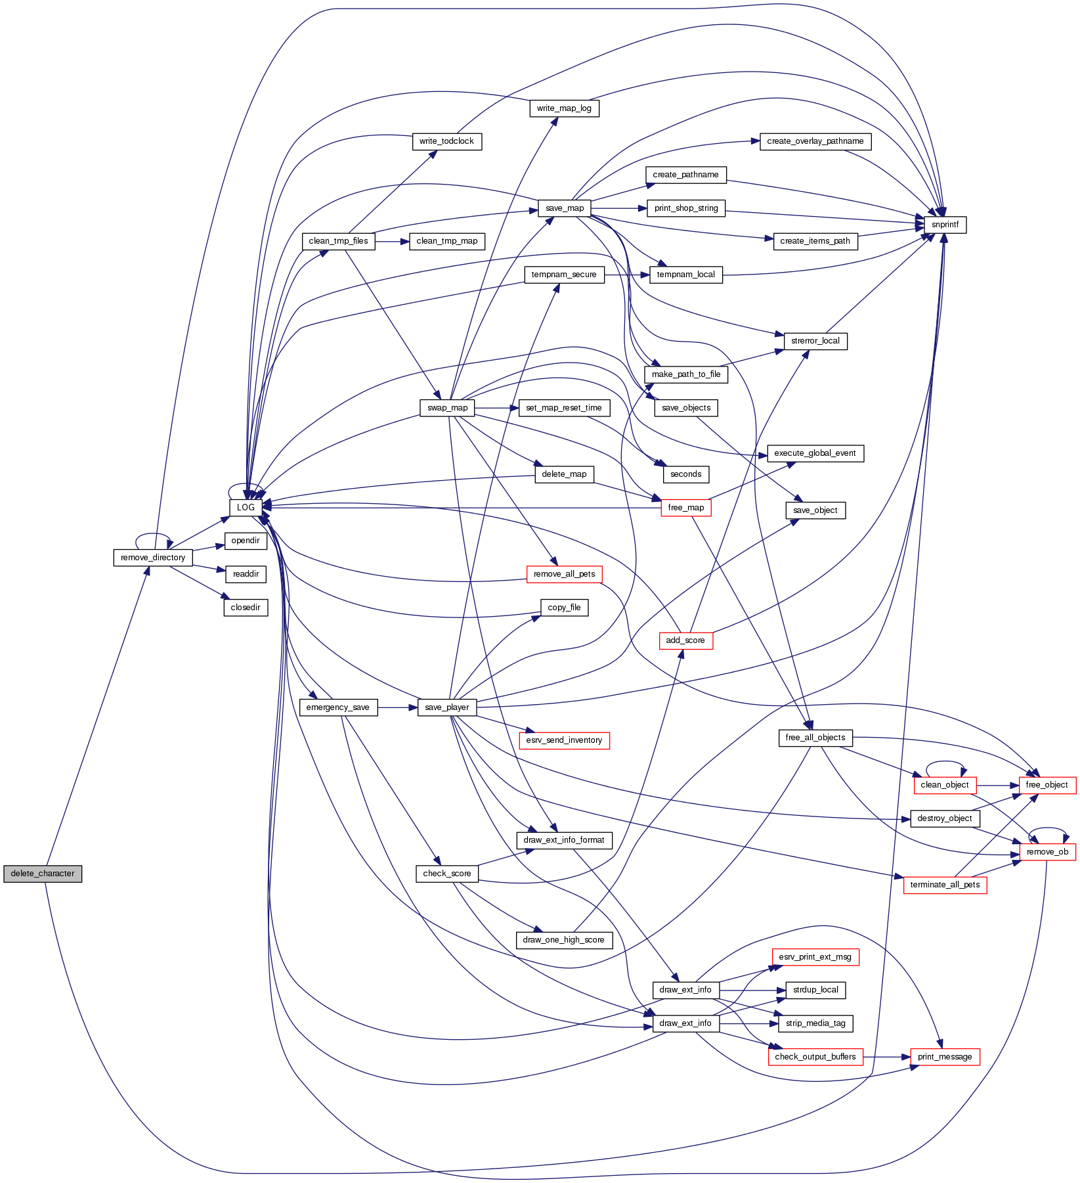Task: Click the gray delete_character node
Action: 43,874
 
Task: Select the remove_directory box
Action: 153,558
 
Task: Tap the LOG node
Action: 246,508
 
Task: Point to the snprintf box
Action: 945,225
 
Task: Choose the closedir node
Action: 246,608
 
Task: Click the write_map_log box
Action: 564,108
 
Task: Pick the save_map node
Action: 565,208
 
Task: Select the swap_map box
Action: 447,408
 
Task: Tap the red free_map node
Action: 685,508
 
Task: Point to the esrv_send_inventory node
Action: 564,740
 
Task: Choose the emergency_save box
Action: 338,707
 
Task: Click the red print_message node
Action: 945,1057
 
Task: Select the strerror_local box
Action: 815,341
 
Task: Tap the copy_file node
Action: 564,608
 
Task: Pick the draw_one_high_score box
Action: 563,940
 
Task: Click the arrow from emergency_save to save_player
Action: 398,707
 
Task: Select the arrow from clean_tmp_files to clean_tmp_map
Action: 392,241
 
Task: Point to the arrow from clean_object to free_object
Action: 997,785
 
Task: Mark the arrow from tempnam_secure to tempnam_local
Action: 626,275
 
